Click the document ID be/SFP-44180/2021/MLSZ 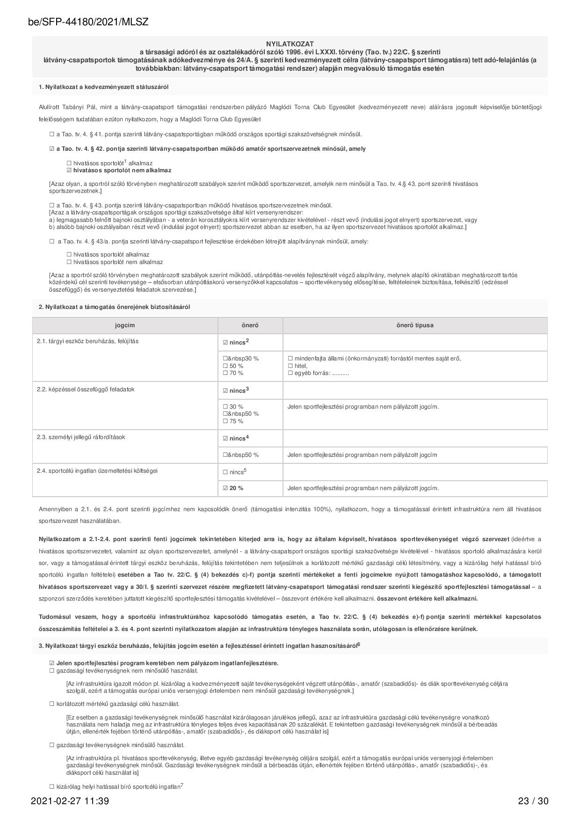coord(89,22)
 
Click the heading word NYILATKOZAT coord(290,44)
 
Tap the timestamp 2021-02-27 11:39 coord(70,801)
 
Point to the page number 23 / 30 coord(533,801)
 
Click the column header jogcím coord(125,325)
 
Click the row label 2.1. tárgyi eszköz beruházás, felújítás coord(87,341)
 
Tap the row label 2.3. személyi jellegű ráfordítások coord(81,437)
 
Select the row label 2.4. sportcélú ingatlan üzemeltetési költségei coord(97,471)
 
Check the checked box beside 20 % coord(225,488)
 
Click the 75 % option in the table coord(225,421)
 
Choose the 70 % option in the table coord(225,373)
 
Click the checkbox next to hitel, coord(290,366)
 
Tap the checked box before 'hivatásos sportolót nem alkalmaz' coord(69,170)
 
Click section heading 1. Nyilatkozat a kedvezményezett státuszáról coord(103,87)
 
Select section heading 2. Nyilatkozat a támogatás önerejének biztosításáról coord(114,307)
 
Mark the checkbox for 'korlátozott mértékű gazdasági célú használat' coord(52,704)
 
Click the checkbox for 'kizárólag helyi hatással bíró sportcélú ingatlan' coord(52,787)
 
